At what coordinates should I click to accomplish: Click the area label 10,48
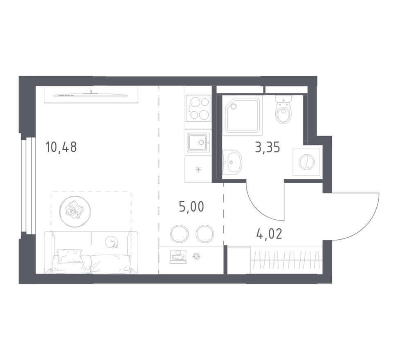click(x=61, y=146)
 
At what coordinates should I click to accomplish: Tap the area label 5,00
click(x=191, y=206)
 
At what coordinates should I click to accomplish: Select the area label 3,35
click(x=268, y=147)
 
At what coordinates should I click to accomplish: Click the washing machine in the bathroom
click(x=306, y=162)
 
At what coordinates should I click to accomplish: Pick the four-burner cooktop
click(x=198, y=108)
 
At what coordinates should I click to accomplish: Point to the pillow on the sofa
click(x=70, y=256)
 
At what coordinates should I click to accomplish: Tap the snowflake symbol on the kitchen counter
click(x=198, y=170)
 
